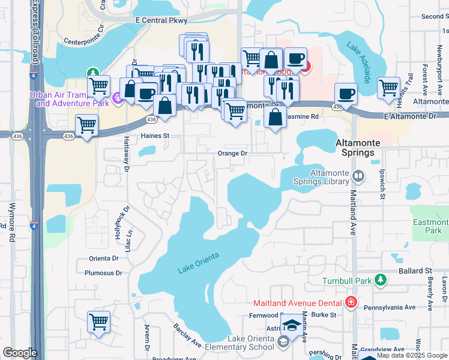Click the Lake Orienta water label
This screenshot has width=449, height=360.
tap(199, 263)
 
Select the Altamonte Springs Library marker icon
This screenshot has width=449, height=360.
tap(358, 176)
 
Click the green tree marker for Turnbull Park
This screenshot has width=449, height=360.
tap(379, 280)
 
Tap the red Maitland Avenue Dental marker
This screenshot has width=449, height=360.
tap(351, 302)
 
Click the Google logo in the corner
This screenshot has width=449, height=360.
tap(20, 353)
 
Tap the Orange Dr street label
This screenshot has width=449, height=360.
tap(232, 153)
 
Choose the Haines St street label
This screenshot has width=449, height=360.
tap(155, 136)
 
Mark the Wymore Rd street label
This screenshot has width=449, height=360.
tap(12, 222)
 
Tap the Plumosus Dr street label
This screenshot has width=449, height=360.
tap(106, 272)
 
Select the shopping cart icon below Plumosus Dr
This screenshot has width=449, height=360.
tap(98, 321)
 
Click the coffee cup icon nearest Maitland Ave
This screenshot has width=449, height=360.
tap(346, 94)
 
